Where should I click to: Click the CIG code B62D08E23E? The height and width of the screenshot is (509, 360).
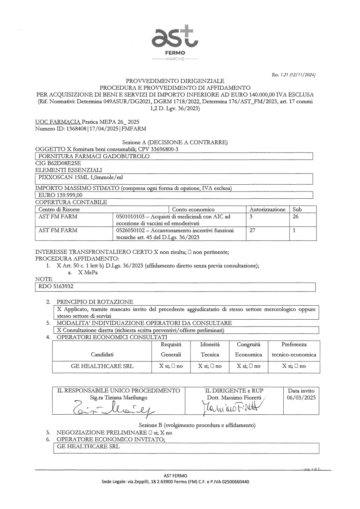coord(58,163)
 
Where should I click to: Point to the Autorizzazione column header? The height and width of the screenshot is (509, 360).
coord(267,210)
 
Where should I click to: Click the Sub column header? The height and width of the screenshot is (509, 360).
coord(297,210)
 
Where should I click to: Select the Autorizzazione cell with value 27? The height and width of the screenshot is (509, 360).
coord(252,230)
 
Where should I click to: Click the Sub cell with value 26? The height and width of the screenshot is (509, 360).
coord(296,217)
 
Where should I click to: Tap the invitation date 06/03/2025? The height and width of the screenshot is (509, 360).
coord(301,397)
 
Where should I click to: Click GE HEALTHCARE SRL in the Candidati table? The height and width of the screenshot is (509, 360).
coord(102,366)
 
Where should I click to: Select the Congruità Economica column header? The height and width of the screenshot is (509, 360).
coord(248,350)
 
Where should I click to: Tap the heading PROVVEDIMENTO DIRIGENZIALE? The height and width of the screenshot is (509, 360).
coord(175,81)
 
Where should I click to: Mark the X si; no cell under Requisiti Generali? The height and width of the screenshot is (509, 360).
coord(171,366)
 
